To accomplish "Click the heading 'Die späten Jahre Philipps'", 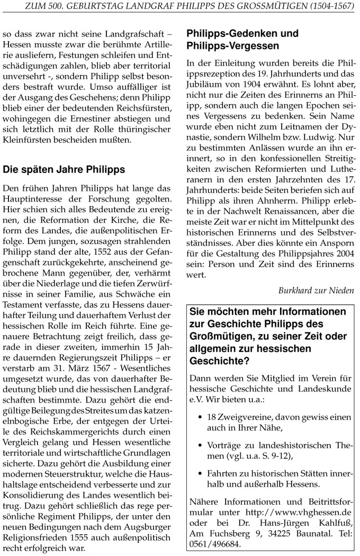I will click(x=64, y=170).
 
